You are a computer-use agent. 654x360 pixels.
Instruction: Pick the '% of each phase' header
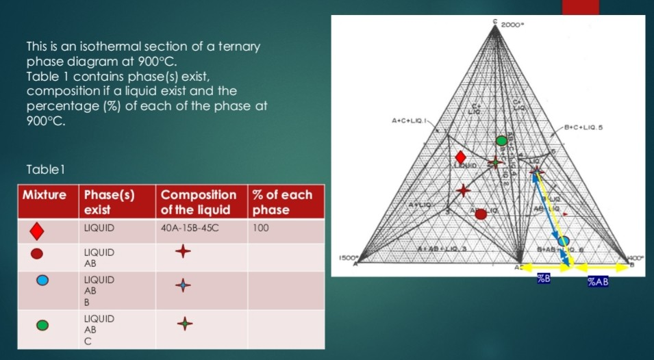point(282,202)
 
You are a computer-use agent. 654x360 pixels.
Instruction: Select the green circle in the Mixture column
point(41,325)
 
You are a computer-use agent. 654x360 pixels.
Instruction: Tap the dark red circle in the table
point(37,253)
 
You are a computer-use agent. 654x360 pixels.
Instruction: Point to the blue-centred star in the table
point(182,285)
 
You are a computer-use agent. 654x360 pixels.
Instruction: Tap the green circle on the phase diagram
point(502,142)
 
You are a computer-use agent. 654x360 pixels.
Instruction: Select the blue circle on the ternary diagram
point(563,240)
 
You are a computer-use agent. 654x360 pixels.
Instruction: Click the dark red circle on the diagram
point(481,214)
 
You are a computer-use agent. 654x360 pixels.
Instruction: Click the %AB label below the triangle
point(598,281)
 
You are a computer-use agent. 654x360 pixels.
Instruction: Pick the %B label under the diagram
point(543,280)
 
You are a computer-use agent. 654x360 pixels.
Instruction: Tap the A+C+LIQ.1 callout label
point(408,121)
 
